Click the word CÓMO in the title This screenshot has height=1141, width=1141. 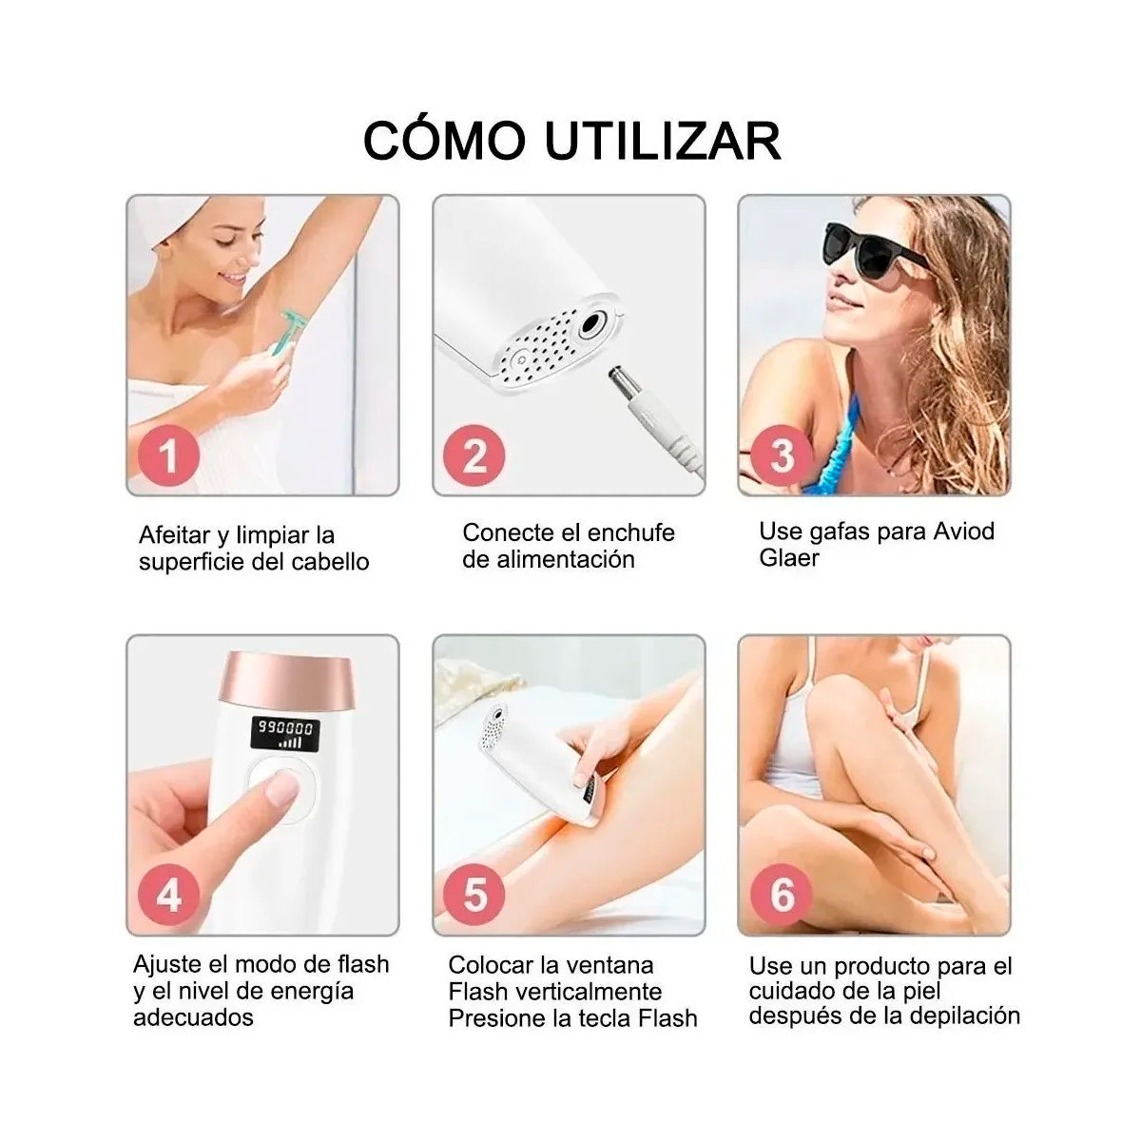tap(444, 140)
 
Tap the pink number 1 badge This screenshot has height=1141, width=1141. tap(168, 455)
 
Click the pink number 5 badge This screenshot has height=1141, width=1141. tap(474, 895)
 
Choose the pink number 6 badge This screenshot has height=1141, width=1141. tap(781, 895)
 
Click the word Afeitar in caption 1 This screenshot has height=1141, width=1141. tap(176, 535)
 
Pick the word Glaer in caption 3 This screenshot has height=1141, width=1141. tap(788, 557)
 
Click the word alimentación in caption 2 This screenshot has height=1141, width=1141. tap(549, 559)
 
